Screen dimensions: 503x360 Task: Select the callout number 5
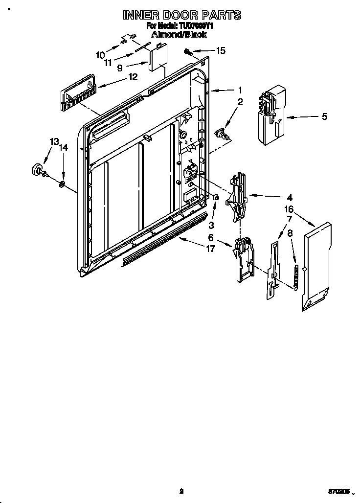point(324,116)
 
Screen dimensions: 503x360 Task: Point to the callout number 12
point(132,77)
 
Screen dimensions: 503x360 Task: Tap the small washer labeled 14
point(63,184)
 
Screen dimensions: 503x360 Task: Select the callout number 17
point(210,249)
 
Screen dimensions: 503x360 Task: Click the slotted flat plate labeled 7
point(272,269)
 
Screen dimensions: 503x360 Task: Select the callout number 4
point(289,198)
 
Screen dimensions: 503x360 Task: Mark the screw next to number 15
point(187,50)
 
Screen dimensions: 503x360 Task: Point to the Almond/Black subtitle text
point(179,35)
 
